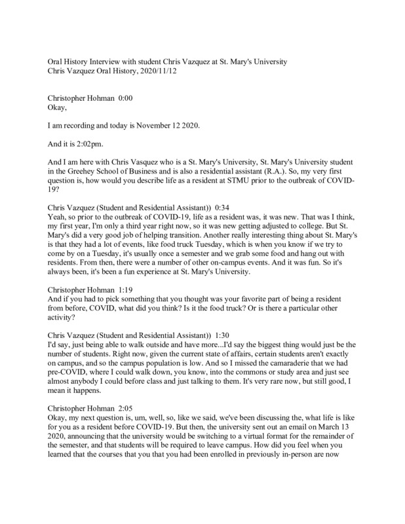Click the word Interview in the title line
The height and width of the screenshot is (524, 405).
109,62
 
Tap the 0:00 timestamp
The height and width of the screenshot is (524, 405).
125,97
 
